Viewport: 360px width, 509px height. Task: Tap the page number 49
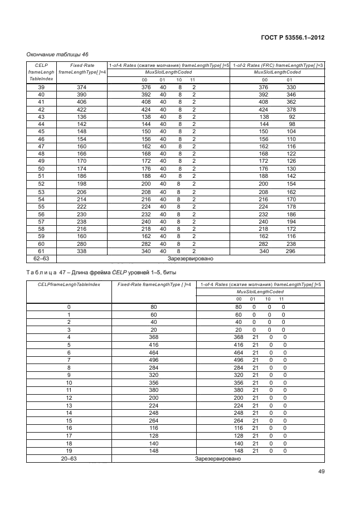click(321, 472)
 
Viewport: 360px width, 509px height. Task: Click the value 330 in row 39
click(291, 88)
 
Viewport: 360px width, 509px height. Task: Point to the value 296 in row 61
click(291, 251)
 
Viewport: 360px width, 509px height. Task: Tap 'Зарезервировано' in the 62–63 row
click(191, 259)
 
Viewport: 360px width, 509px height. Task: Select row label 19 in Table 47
click(69, 450)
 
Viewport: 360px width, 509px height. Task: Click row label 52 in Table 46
click(41, 183)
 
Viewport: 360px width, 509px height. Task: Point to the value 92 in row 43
click(291, 117)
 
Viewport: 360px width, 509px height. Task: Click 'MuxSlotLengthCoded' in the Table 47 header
click(260, 292)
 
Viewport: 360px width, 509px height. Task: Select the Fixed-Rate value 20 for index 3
click(154, 329)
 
